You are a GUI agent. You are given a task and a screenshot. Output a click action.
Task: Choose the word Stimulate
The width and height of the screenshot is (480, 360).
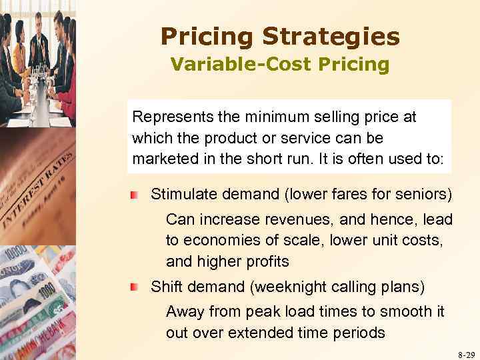tap(179, 195)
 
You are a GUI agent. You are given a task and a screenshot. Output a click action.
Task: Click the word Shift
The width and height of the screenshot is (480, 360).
tap(165, 287)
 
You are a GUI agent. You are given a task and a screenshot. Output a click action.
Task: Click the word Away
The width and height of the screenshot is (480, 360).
tap(183, 311)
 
